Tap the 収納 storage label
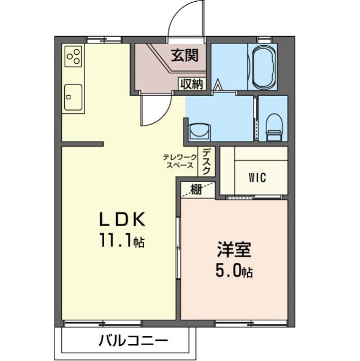(192, 84)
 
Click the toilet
(274, 126)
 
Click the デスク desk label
(207, 161)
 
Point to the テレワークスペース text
(179, 161)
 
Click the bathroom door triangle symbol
(217, 86)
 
